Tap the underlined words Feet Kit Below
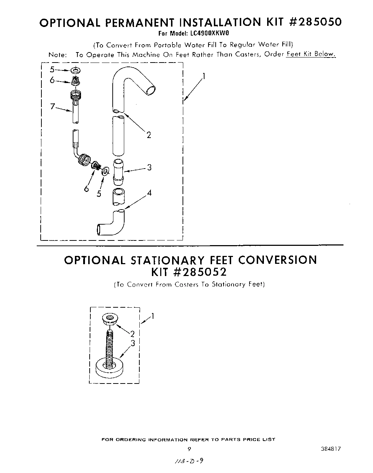(x=311, y=54)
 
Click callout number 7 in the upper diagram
(x=53, y=106)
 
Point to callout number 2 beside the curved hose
(x=149, y=135)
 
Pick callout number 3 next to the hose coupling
(x=149, y=167)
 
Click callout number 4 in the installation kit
(x=149, y=193)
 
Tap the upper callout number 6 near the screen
(x=53, y=80)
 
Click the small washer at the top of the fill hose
(x=76, y=70)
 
